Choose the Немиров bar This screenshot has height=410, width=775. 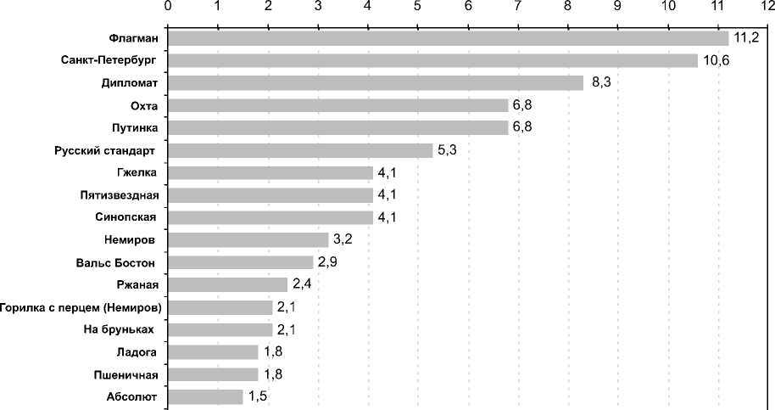point(248,240)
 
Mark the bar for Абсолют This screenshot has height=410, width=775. point(206,396)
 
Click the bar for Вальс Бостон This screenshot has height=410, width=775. point(241,262)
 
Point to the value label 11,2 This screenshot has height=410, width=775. point(746,38)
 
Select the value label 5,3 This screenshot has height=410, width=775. point(447,150)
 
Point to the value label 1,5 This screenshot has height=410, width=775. point(258,396)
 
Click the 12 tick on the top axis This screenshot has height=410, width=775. point(767,7)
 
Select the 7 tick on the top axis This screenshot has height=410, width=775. point(518,7)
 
